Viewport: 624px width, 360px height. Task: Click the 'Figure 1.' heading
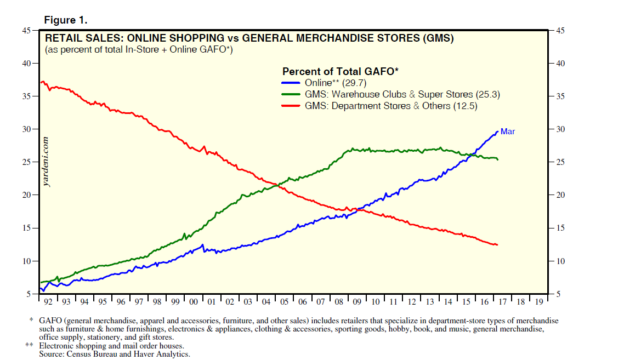point(65,20)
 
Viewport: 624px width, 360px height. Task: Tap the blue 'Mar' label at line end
point(508,132)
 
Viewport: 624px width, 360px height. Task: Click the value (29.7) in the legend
point(354,83)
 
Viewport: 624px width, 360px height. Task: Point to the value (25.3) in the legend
point(489,94)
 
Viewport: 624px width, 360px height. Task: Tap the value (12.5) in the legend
point(466,106)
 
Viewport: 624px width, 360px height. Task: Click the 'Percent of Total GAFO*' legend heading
point(340,71)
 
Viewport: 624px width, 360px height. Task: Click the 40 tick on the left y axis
point(26,64)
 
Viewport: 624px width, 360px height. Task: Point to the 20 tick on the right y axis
point(560,196)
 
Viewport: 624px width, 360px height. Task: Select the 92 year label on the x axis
point(48,302)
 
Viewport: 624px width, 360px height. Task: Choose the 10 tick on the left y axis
point(26,261)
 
